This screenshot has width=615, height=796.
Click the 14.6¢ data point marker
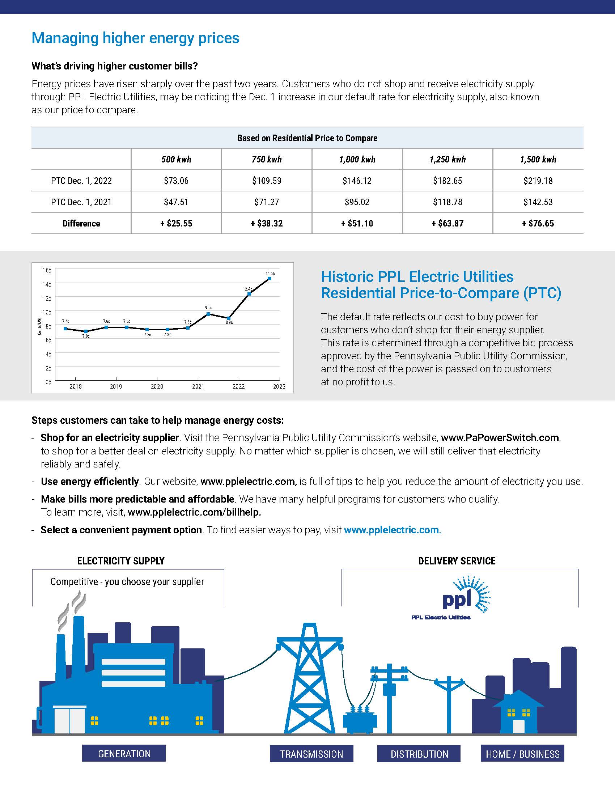point(269,279)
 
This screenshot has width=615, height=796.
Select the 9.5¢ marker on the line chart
point(208,314)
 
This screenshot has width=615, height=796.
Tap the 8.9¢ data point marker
point(228,318)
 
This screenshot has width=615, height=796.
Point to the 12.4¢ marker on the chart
point(249,294)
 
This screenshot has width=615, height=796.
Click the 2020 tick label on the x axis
point(157,386)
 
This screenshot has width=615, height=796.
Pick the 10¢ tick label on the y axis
point(47,312)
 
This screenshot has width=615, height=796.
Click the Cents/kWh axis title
point(39,326)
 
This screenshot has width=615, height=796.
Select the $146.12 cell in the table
point(357,181)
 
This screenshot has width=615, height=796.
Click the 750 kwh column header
point(267,159)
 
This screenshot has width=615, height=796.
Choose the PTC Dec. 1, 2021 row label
point(81,202)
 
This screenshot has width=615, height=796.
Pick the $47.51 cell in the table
point(176,202)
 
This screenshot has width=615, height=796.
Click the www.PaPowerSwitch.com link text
point(500,437)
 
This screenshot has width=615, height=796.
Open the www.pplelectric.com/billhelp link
point(195,512)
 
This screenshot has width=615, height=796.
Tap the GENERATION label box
point(124,753)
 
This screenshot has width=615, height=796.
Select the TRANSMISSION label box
point(311,754)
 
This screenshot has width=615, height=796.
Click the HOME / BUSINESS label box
point(522,754)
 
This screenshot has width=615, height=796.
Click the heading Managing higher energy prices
point(136,38)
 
